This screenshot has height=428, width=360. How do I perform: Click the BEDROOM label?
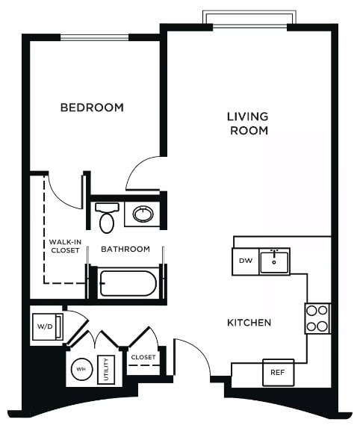pos(92,108)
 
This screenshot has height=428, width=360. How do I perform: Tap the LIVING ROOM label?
pos(248,123)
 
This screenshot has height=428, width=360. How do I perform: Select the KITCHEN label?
pos(249,323)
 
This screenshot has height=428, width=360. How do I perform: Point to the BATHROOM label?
pos(125,249)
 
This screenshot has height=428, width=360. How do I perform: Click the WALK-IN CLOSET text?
pos(65,246)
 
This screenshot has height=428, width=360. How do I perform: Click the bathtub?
pos(128,284)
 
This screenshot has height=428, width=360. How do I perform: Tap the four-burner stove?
pos(317,317)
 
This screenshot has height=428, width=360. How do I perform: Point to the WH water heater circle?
pos(80,368)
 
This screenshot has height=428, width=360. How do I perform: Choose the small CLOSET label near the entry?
pos(143,357)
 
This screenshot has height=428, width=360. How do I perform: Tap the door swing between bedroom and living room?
pos(144,175)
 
